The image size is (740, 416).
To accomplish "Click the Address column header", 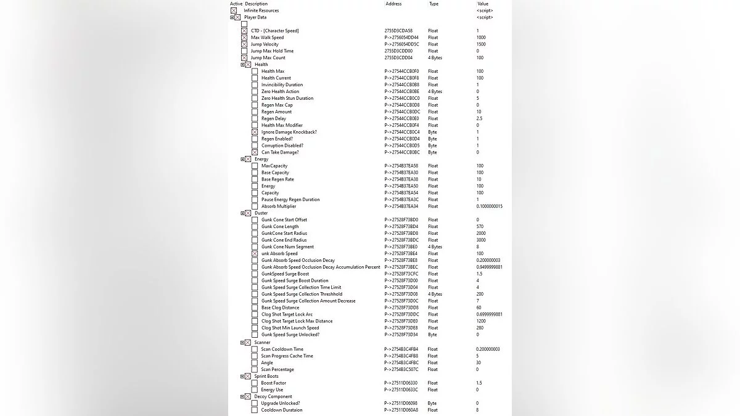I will tap(393, 4).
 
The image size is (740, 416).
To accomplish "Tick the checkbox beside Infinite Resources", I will tap(234, 10).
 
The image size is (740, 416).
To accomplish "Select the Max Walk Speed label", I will tap(267, 38).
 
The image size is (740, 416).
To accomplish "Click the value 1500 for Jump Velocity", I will tap(481, 44).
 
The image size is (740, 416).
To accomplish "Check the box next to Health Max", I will tap(255, 71).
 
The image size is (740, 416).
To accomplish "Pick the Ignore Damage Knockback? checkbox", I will tap(255, 132).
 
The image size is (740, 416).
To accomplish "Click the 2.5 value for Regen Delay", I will tap(479, 118).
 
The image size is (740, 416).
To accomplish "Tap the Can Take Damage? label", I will tap(280, 152).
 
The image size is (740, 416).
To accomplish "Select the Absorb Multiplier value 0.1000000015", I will tap(489, 206).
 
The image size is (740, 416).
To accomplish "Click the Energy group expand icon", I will tap(242, 159).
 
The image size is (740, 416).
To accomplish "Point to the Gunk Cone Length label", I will tap(280, 227).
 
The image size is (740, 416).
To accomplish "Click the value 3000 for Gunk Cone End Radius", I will tap(481, 240).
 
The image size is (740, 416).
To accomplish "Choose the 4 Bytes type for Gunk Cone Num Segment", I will tap(435, 247).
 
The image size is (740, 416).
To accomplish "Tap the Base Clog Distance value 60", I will tap(479, 308).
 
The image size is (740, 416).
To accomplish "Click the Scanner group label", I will tap(262, 342).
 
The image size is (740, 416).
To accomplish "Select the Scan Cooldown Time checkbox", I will tap(255, 349).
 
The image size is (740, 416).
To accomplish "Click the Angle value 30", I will tap(479, 363).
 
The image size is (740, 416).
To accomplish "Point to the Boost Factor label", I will tap(273, 383).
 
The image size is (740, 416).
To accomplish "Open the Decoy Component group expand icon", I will tap(242, 396).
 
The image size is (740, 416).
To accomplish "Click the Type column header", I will tap(434, 4).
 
